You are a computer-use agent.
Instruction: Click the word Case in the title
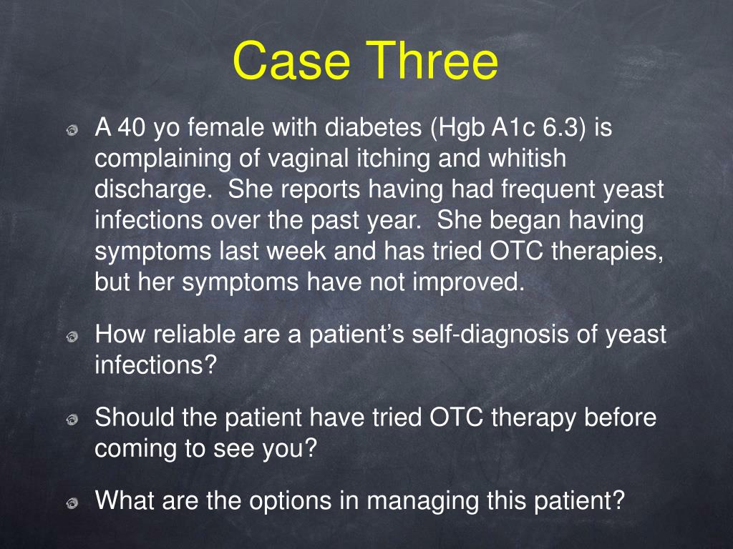pos(291,60)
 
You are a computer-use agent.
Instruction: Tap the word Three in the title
pos(432,60)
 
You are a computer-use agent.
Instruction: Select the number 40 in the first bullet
pos(132,127)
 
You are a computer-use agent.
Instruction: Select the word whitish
pos(528,158)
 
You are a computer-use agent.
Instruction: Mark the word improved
pos(468,282)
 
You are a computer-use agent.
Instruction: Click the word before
pos(620,417)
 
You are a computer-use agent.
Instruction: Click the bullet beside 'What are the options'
pos(72,503)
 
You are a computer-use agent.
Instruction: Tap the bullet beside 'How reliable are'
pos(72,337)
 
